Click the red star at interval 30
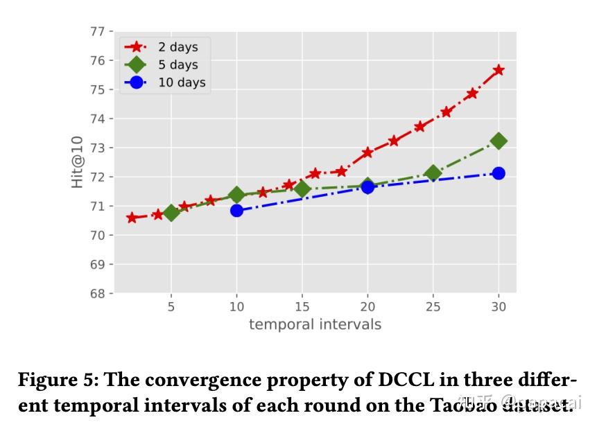498,70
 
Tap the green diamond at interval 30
498,141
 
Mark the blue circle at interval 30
498,173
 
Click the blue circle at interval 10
236,210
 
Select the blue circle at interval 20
367,186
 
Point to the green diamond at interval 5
171,212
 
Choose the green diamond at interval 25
433,173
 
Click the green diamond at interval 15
302,189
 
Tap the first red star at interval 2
132,218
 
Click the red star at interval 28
472,94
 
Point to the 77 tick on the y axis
97,32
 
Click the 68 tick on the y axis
97,293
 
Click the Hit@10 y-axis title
77,162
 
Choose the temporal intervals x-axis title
315,324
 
